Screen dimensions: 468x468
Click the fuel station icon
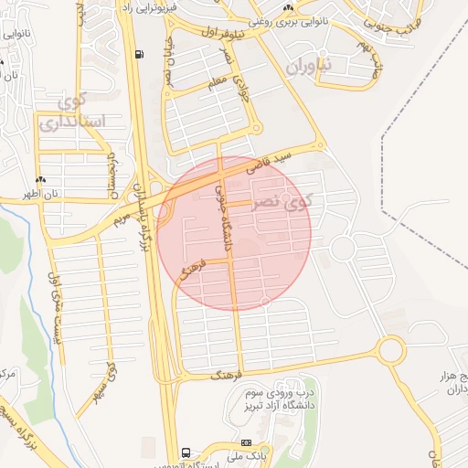tap(138, 54)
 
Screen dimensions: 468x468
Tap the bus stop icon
tap(186, 452)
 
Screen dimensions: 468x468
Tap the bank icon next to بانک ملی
tap(245, 443)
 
